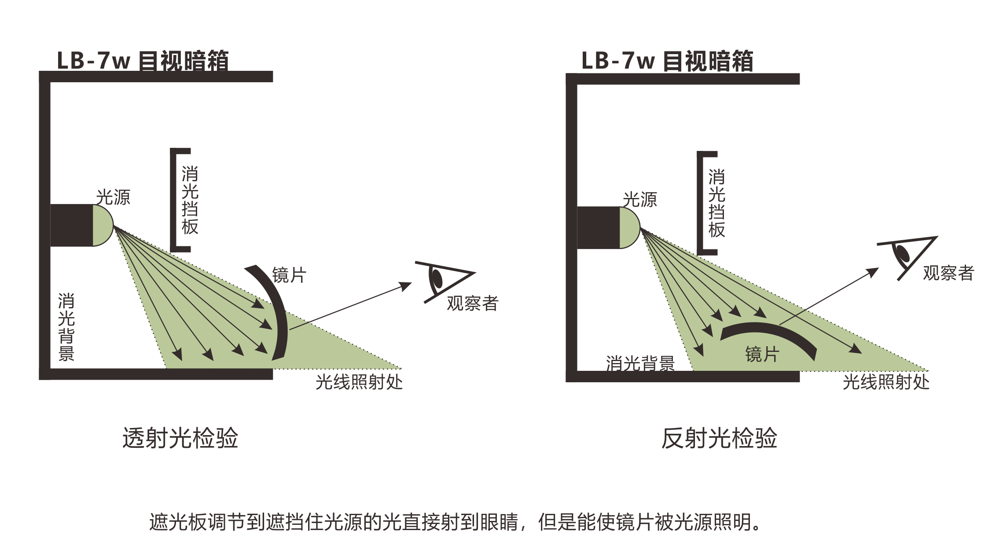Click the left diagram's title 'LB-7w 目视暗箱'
tap(143, 61)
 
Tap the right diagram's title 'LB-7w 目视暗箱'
tap(667, 61)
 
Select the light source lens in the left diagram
tap(103, 225)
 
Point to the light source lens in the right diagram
tap(629, 228)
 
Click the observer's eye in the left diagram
tap(437, 278)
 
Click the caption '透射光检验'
tap(180, 438)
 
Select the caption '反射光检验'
tap(719, 438)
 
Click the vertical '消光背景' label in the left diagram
tap(66, 327)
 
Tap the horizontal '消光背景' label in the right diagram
tap(640, 364)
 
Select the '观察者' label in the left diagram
tap(472, 304)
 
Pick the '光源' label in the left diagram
tap(113, 198)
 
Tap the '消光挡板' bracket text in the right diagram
tap(716, 204)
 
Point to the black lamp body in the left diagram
tap(71, 225)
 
